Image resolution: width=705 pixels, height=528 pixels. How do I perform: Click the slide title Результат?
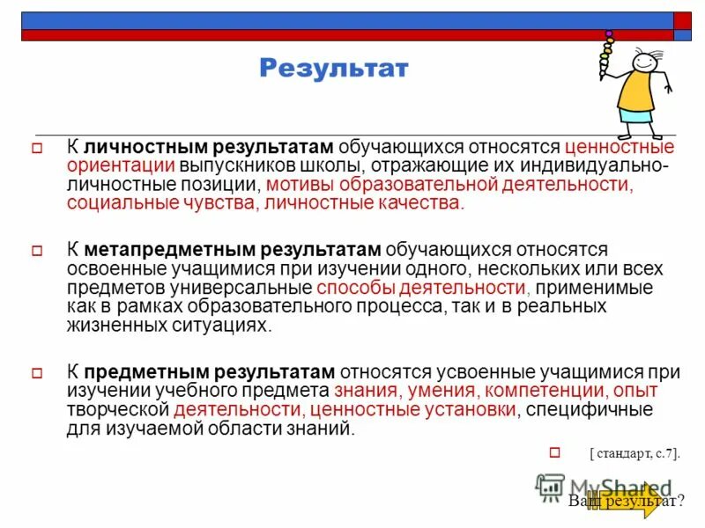(334, 68)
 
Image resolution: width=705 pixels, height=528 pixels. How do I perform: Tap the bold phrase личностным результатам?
(208, 147)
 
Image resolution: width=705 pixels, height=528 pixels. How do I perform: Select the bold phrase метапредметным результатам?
(233, 250)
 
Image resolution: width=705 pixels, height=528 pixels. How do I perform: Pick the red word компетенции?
(539, 391)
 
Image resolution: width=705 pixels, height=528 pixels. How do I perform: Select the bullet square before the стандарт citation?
(555, 452)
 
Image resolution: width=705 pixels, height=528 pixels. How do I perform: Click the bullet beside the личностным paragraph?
(37, 148)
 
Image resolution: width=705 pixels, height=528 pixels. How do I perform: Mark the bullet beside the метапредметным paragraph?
(37, 251)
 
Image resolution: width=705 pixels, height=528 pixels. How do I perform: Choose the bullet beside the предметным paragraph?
(37, 371)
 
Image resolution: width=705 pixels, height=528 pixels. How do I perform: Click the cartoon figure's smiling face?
(643, 62)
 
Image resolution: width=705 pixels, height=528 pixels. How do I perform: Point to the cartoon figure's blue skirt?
(637, 119)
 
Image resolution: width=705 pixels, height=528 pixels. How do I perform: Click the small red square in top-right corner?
(683, 20)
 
